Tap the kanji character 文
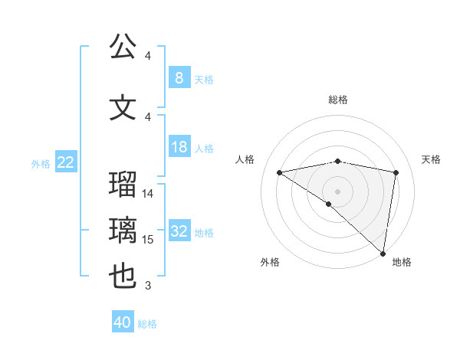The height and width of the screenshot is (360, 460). [x=123, y=107]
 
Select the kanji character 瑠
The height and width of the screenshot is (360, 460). [x=123, y=185]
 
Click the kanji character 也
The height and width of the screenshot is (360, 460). [x=123, y=277]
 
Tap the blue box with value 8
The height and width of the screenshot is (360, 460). [x=179, y=77]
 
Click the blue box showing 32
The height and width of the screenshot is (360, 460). [x=179, y=231]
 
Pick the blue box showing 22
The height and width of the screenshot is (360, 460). [x=65, y=162]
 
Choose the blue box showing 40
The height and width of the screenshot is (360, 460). [x=123, y=322]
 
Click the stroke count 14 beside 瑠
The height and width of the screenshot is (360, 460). [x=149, y=194]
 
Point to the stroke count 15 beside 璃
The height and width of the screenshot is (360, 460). [x=149, y=240]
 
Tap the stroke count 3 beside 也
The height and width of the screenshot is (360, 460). [x=148, y=286]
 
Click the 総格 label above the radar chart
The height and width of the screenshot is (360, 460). [x=338, y=100]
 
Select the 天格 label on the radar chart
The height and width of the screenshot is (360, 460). [x=432, y=159]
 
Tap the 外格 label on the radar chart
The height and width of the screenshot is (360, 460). [x=270, y=262]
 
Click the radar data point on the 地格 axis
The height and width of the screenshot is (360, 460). [x=383, y=253]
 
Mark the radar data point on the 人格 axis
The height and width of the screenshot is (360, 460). [x=279, y=172]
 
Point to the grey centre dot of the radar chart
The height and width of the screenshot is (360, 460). [x=337, y=190]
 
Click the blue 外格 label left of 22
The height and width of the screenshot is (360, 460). [x=40, y=163]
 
